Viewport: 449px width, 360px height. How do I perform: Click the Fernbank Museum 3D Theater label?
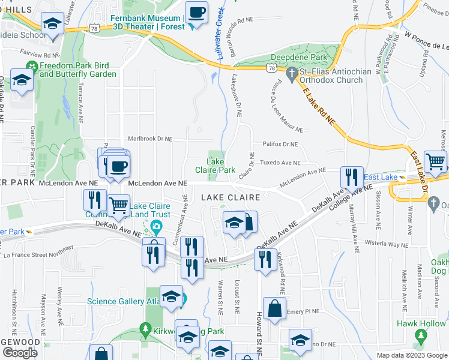tap(146, 22)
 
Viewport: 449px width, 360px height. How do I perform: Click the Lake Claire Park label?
tap(221, 166)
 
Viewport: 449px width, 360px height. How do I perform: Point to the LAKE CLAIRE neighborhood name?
tap(230, 197)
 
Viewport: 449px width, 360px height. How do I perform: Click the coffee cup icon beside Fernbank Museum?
tap(196, 12)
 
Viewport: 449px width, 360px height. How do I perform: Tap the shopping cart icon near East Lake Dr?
tap(435, 161)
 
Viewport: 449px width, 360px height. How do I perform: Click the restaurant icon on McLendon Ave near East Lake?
tap(352, 177)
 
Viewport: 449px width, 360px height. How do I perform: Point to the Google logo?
tap(20, 352)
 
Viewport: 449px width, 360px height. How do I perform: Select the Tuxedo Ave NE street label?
tap(280, 163)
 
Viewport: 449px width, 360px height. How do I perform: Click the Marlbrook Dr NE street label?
tap(149, 139)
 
